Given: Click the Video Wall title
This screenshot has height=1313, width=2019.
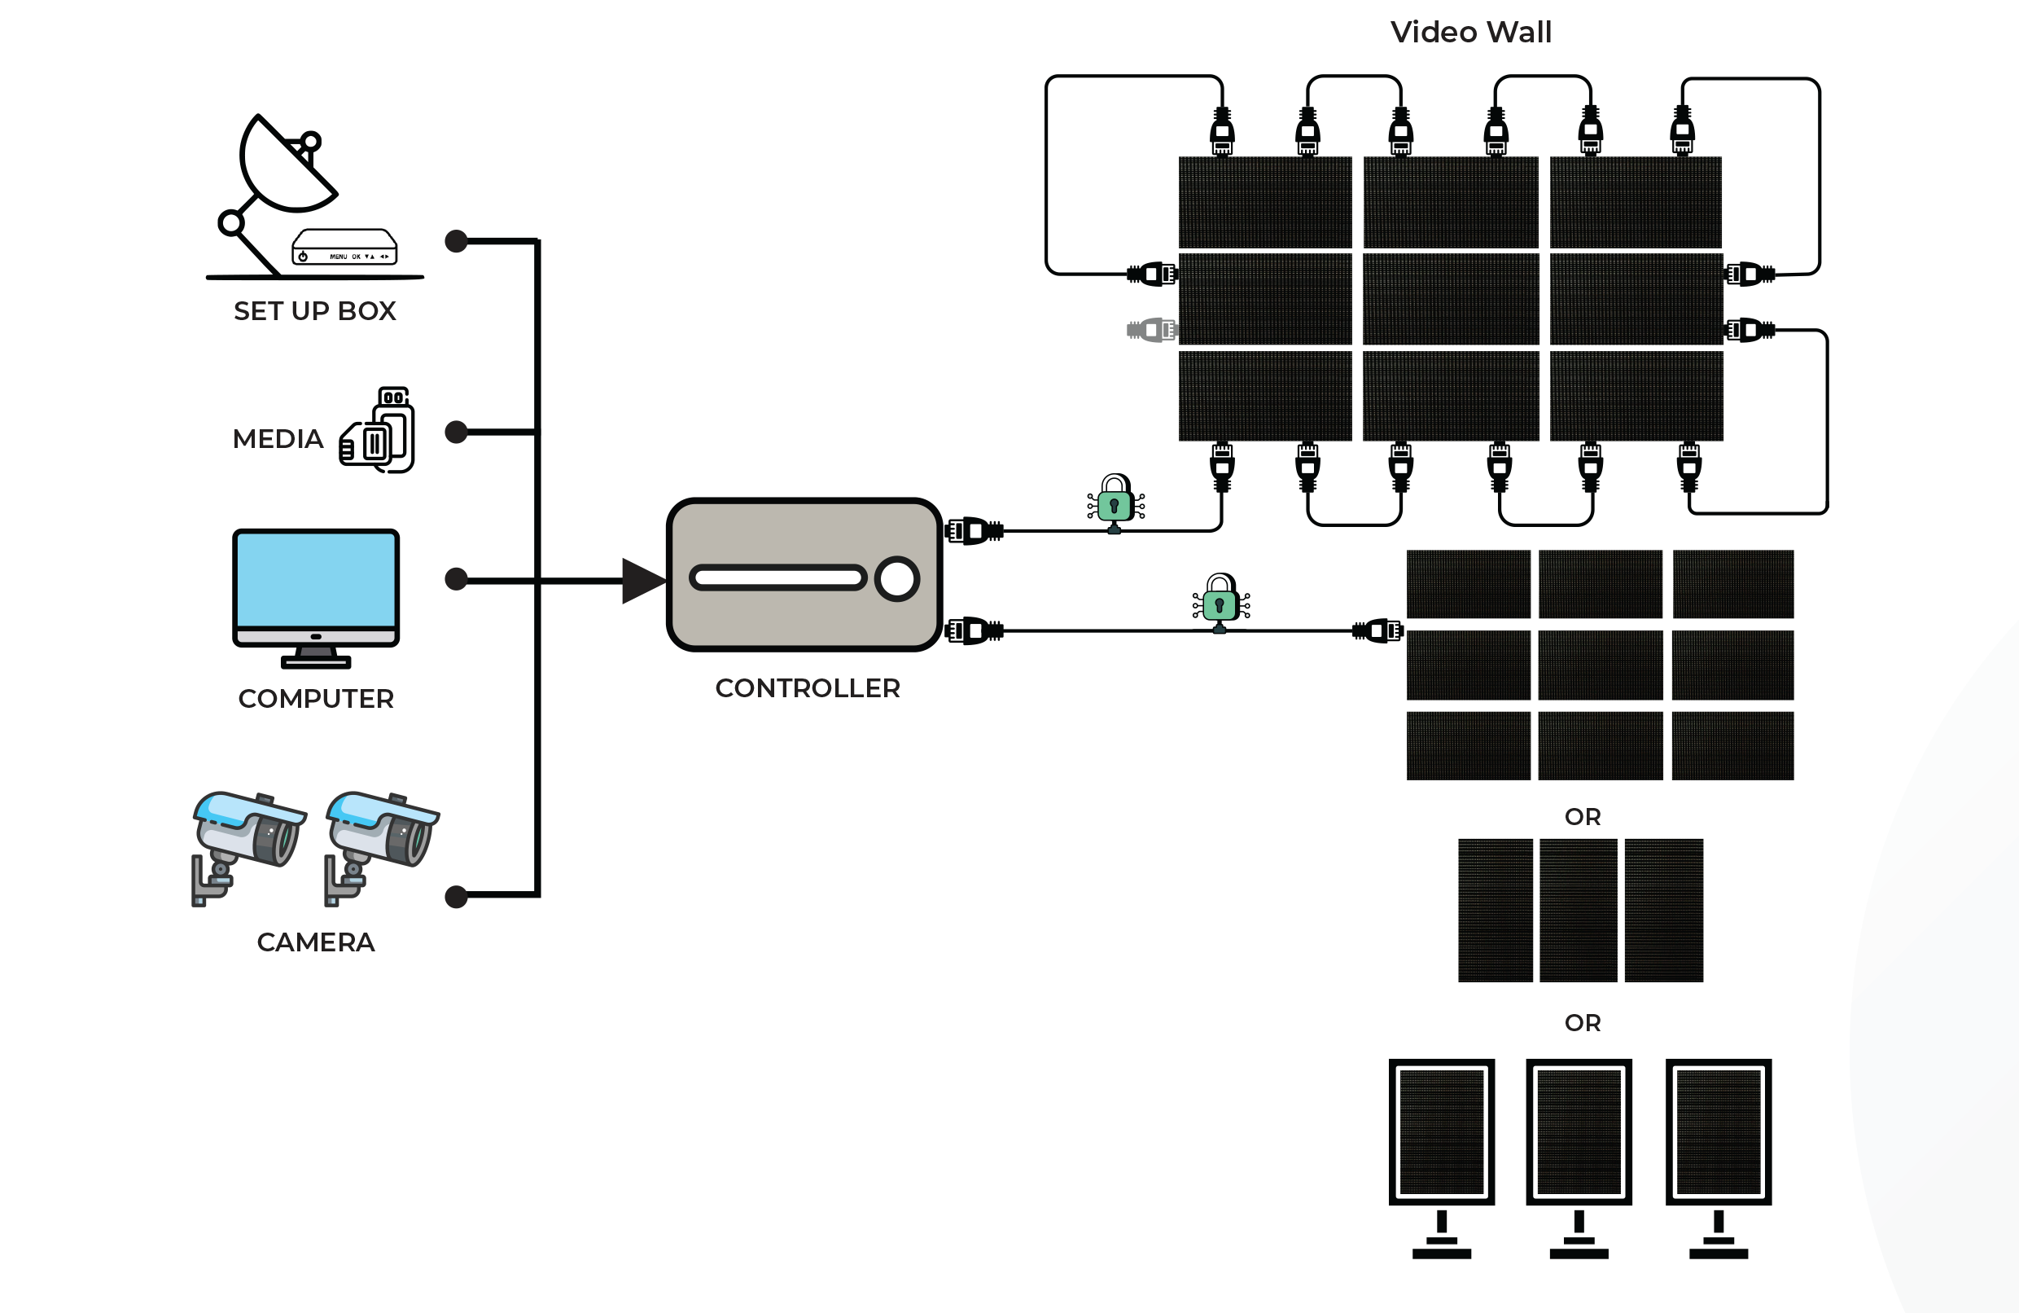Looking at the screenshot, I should click(1470, 33).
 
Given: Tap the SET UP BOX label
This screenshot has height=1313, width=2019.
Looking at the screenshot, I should click(315, 311).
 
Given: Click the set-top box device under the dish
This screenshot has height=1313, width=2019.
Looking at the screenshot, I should click(344, 247).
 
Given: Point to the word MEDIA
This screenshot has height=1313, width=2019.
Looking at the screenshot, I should click(278, 439).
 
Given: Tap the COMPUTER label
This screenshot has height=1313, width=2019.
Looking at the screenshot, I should click(316, 699).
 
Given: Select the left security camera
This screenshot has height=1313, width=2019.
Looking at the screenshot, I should click(247, 845).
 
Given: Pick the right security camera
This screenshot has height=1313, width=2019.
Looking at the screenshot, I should click(380, 845).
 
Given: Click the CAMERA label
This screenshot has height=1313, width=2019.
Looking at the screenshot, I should click(316, 942).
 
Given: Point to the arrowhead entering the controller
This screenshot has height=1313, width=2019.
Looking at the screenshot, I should click(642, 581).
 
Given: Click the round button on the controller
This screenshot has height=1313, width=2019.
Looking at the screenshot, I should click(896, 579).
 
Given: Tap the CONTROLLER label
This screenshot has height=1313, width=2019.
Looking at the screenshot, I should click(807, 688).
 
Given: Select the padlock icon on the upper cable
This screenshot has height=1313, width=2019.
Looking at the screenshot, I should click(1115, 503).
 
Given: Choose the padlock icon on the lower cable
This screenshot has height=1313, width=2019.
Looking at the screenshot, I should click(1220, 602).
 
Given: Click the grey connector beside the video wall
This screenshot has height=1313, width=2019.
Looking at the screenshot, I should click(1151, 329).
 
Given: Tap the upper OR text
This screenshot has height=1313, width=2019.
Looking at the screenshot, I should click(1582, 816).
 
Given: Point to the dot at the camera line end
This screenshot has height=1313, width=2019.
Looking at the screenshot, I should click(457, 896).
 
